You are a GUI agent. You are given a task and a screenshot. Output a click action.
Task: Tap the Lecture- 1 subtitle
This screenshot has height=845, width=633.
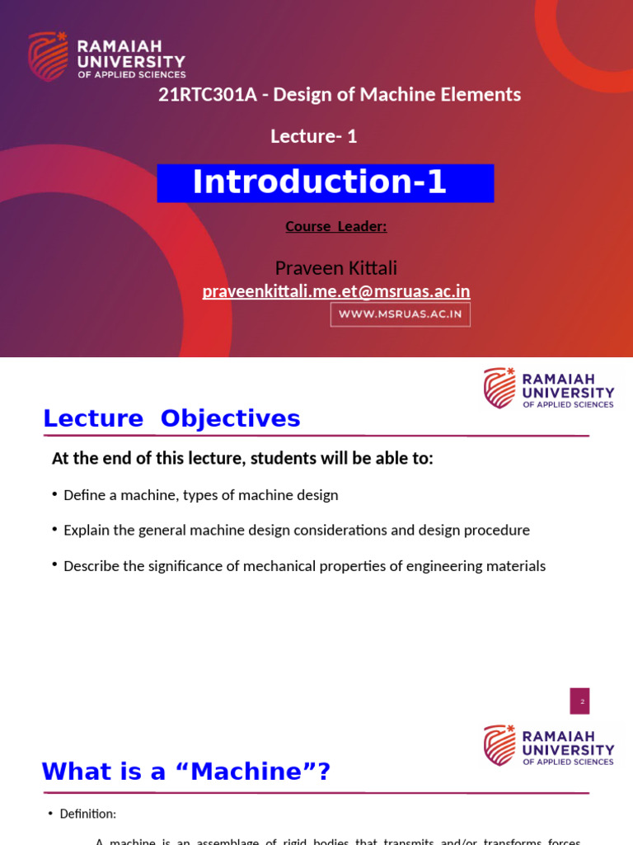(x=313, y=136)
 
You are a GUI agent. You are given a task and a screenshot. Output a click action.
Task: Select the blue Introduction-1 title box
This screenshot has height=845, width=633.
(x=325, y=182)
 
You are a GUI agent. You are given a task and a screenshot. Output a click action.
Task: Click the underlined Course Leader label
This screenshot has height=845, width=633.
(x=335, y=226)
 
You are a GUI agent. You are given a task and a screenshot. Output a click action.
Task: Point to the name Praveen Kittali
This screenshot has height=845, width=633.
(x=335, y=267)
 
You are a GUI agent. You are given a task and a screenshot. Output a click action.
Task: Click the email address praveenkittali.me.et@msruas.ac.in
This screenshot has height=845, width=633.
(x=335, y=291)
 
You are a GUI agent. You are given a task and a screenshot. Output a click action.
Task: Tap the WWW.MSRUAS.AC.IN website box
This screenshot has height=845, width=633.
(x=400, y=314)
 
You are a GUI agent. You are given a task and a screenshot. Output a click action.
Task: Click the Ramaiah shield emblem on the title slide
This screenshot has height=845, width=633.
(x=48, y=56)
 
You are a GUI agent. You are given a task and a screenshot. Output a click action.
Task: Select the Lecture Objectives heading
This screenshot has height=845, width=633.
(x=171, y=418)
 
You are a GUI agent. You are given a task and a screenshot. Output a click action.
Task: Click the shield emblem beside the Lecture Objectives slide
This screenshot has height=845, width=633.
(x=499, y=388)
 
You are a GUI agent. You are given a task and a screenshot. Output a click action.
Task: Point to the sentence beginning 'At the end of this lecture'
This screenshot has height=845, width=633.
(x=242, y=458)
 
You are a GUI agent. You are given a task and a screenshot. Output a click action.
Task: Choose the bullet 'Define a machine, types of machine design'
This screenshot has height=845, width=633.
(x=200, y=495)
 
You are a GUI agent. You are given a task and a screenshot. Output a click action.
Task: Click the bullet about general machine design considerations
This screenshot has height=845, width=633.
(x=296, y=531)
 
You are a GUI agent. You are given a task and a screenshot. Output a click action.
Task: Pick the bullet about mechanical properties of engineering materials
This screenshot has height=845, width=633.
(x=304, y=566)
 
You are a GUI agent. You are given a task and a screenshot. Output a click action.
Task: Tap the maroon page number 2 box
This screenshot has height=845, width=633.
(x=579, y=701)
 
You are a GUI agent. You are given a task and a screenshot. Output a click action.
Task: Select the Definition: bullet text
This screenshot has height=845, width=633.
(x=87, y=814)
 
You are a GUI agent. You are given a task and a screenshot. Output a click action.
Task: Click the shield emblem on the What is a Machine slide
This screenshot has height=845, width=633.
(x=499, y=745)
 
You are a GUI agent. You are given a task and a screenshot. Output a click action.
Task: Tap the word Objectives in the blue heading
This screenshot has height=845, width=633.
(x=230, y=418)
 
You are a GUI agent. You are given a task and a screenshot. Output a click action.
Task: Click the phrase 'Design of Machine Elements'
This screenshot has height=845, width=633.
(x=396, y=95)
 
